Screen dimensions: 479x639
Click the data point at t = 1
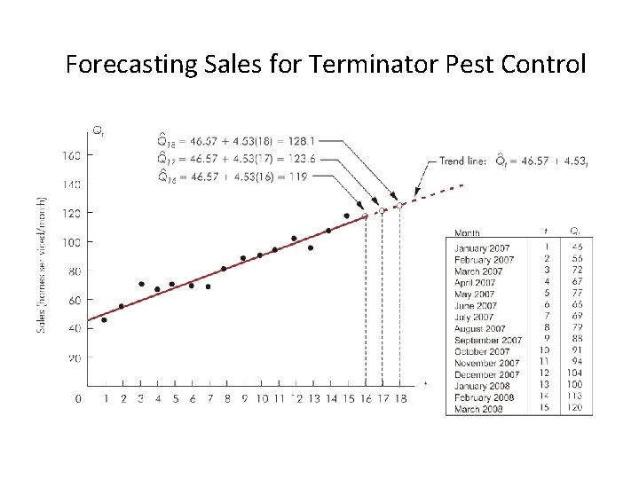click(105, 320)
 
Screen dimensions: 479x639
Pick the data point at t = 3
click(141, 284)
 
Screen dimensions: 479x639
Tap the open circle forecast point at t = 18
click(399, 206)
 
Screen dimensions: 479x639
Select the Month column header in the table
click(468, 233)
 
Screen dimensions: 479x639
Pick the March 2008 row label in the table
click(479, 409)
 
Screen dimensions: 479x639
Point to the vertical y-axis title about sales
click(42, 265)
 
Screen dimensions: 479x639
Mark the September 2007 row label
click(488, 340)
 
